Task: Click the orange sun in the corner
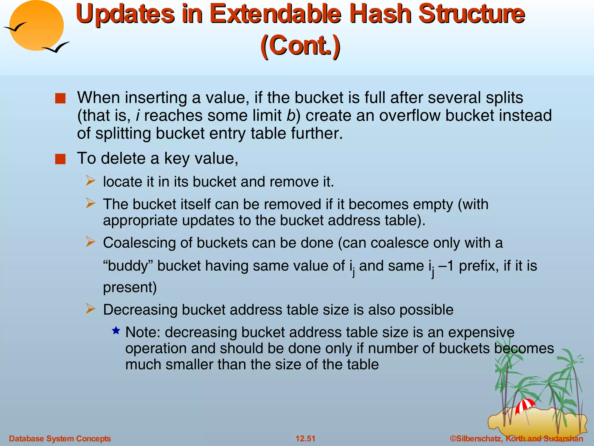coord(36,26)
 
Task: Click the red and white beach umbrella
coord(525,405)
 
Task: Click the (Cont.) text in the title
coord(300,46)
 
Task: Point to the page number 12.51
coord(305,438)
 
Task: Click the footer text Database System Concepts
coord(60,438)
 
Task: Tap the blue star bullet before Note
coord(116,330)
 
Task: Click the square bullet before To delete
coord(60,159)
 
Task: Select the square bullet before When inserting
coord(60,98)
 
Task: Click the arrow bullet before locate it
coord(90,181)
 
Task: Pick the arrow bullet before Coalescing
coord(90,242)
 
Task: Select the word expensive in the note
coord(481,332)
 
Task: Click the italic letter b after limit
coord(291,116)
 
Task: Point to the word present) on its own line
coord(130,287)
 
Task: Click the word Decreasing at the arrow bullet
coord(140,310)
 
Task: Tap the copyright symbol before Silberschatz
coord(453,438)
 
